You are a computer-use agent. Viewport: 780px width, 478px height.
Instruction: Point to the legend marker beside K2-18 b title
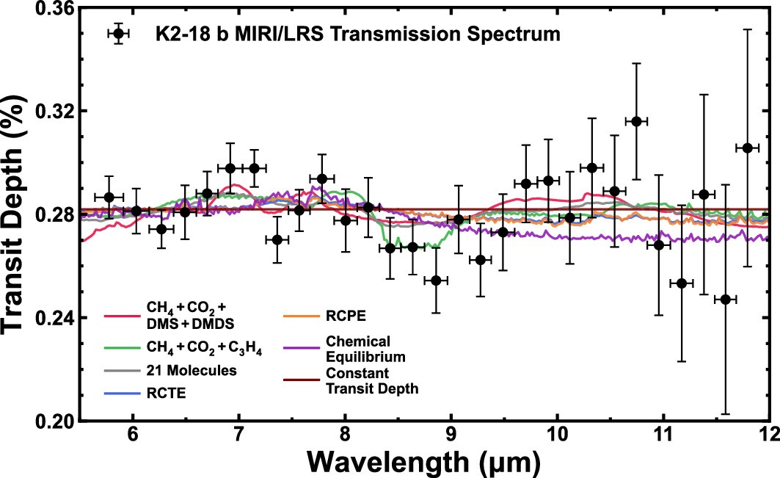tap(117, 34)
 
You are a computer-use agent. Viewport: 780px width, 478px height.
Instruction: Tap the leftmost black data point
tap(109, 197)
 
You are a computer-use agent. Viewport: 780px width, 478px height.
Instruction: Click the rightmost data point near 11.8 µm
tap(748, 148)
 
